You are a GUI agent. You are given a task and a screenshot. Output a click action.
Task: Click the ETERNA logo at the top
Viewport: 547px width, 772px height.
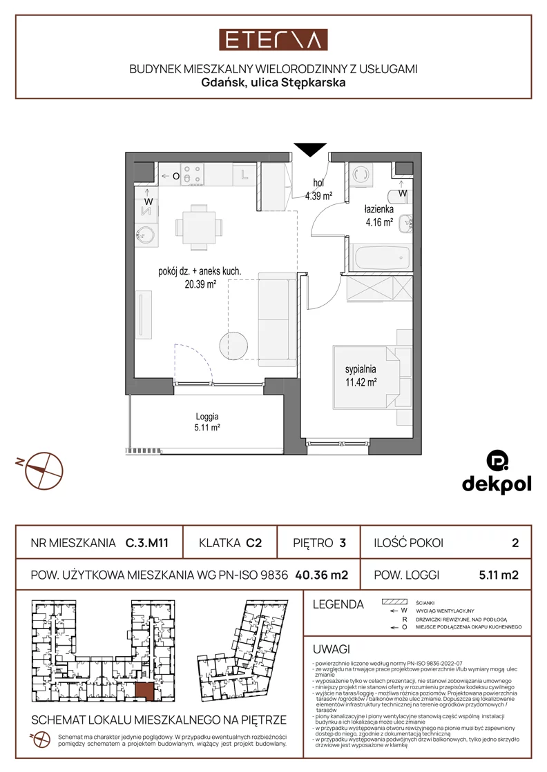[x=273, y=40]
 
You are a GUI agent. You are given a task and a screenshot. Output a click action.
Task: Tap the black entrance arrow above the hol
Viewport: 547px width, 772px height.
[x=310, y=150]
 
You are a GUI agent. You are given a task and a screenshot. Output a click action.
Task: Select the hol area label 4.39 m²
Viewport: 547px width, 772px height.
[x=318, y=196]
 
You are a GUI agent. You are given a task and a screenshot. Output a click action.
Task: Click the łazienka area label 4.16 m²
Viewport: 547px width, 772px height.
[x=379, y=223]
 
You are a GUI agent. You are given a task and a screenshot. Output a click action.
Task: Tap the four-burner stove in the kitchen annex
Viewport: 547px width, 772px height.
[x=193, y=175]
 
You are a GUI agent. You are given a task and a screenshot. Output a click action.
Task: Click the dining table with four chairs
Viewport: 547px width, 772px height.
[x=199, y=228]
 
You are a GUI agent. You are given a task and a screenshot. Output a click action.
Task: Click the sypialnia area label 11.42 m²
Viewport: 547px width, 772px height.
[x=361, y=382]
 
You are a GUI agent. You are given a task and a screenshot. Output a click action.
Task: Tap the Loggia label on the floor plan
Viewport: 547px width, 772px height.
[x=207, y=417]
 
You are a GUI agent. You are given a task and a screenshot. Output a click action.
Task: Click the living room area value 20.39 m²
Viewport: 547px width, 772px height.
[x=200, y=284]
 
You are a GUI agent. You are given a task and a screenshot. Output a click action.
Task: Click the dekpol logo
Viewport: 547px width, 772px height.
[x=497, y=472]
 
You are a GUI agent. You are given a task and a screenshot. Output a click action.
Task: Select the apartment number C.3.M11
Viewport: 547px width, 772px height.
[x=147, y=543]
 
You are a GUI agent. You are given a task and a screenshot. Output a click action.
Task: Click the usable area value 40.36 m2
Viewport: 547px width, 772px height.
[x=322, y=575]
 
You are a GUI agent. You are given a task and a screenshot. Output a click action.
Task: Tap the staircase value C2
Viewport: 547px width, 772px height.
[x=253, y=543]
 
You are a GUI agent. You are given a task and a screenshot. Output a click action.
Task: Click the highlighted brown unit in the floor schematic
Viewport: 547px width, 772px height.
[x=144, y=692]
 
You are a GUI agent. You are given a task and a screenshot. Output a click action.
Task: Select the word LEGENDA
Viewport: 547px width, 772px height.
[x=338, y=604]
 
